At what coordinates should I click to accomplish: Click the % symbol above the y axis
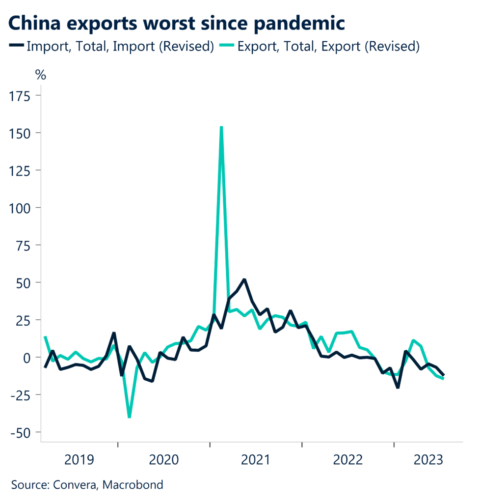pyautogui.click(x=41, y=76)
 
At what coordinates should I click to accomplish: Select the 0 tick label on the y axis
pyautogui.click(x=27, y=357)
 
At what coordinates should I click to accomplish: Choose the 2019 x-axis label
pyautogui.click(x=79, y=461)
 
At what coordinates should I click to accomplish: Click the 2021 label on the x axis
pyautogui.click(x=256, y=461)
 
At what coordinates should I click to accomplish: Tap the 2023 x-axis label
pyautogui.click(x=428, y=461)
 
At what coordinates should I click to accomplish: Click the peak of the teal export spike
pyautogui.click(x=221, y=127)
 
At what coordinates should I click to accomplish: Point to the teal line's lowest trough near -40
pyautogui.click(x=129, y=417)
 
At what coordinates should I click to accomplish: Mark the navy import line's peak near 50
pyautogui.click(x=244, y=279)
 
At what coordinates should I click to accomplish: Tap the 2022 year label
pyautogui.click(x=348, y=461)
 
